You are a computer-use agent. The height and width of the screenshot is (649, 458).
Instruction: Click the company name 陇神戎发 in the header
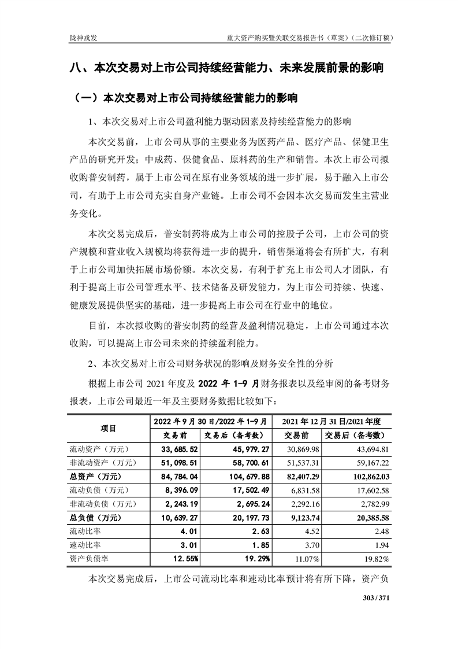click(x=82, y=38)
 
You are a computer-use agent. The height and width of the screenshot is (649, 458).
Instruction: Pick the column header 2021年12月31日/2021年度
click(x=334, y=421)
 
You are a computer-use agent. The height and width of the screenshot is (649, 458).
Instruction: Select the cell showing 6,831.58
click(x=302, y=491)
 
